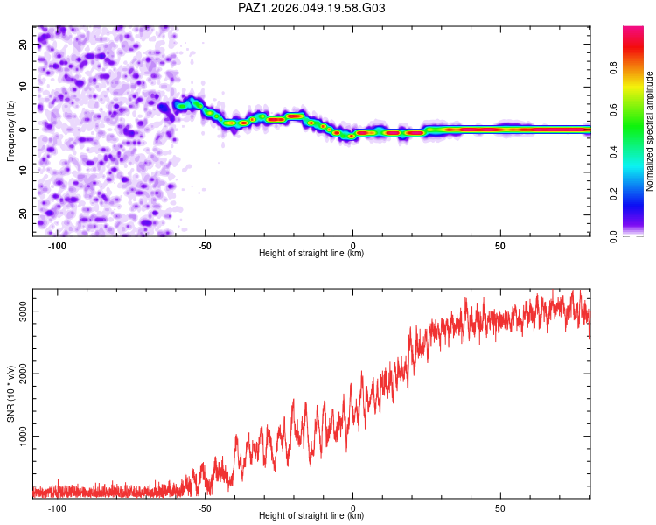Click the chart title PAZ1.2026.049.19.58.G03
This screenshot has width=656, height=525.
pyautogui.click(x=311, y=8)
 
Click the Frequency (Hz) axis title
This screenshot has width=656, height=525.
pyautogui.click(x=10, y=130)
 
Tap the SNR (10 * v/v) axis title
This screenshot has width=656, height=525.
pyautogui.click(x=10, y=395)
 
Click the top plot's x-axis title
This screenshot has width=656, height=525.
pyautogui.click(x=311, y=254)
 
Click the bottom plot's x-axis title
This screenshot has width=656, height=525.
pyautogui.click(x=311, y=516)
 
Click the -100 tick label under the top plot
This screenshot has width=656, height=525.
pyautogui.click(x=57, y=245)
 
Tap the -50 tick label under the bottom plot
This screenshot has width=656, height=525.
pyautogui.click(x=205, y=507)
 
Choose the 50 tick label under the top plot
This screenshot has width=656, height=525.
pyautogui.click(x=500, y=245)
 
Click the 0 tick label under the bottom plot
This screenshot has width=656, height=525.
pyautogui.click(x=352, y=507)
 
